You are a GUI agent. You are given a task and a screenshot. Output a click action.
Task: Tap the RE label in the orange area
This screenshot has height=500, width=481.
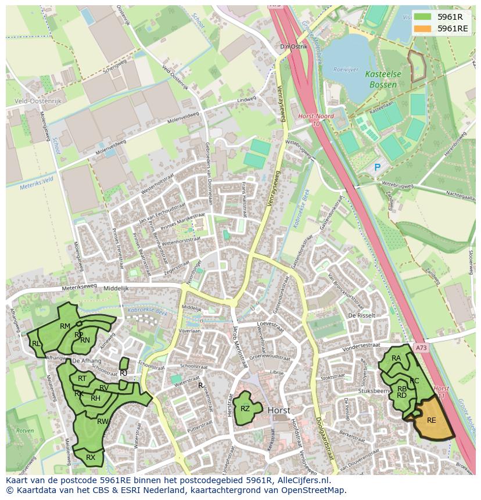[x=431, y=420]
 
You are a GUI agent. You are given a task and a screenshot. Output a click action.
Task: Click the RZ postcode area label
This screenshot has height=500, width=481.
[x=245, y=408]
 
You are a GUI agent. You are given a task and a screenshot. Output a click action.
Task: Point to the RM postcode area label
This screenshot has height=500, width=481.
[x=65, y=326]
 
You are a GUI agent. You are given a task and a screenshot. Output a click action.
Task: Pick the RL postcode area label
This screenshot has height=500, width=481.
[x=36, y=344]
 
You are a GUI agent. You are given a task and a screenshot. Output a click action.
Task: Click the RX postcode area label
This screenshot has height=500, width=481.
[x=91, y=458]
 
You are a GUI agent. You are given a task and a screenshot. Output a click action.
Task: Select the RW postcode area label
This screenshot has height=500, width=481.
[x=102, y=421]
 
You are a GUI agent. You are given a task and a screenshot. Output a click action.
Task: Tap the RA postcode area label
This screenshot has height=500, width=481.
[x=396, y=358]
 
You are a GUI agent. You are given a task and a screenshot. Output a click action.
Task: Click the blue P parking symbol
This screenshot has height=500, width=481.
[x=377, y=167]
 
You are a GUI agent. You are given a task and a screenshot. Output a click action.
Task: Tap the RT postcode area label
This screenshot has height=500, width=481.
[x=82, y=379]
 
